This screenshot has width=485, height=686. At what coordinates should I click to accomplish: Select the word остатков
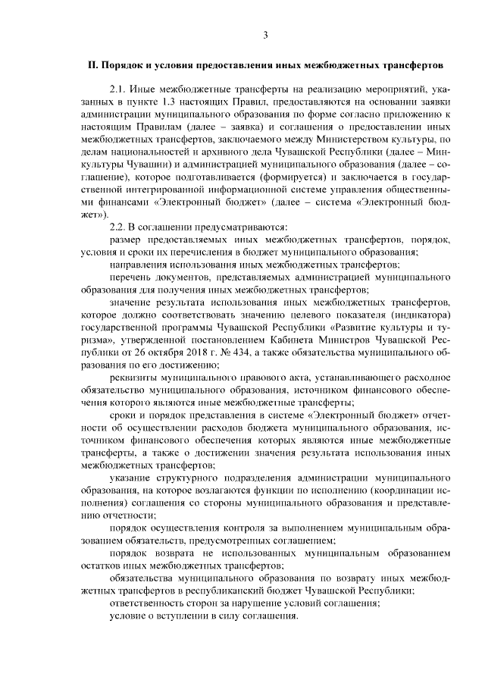pyautogui.click(x=100, y=565)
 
